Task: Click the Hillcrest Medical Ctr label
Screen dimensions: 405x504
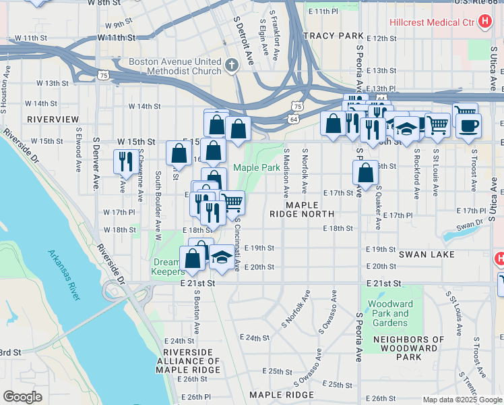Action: [x=431, y=22]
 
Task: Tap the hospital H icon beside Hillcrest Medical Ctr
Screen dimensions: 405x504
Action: [x=484, y=22]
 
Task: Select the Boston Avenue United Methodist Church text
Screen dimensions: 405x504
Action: [x=175, y=67]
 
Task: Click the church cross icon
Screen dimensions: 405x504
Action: [x=232, y=65]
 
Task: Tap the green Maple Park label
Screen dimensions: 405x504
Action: [x=256, y=167]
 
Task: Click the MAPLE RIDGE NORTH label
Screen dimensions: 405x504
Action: [x=311, y=209]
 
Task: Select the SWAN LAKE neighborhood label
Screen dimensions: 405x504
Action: [x=427, y=254]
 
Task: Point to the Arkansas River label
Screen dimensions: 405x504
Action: [x=65, y=275]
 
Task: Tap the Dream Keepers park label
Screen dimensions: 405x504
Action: [x=166, y=267]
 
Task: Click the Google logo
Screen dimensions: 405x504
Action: [x=22, y=397]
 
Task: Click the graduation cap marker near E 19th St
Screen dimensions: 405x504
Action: [x=221, y=256]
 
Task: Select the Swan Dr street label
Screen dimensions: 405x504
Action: [x=470, y=225]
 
